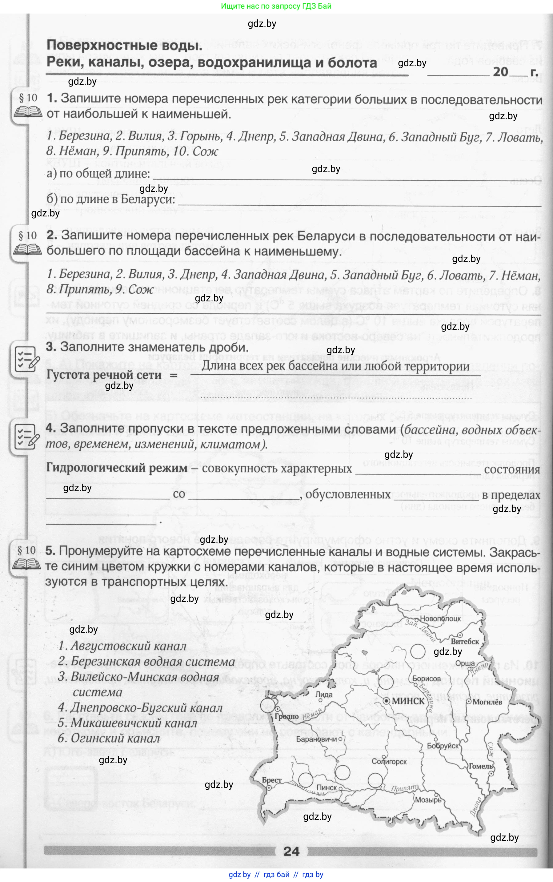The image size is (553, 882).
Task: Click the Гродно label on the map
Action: (x=287, y=717)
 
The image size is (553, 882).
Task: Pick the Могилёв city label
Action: (x=487, y=702)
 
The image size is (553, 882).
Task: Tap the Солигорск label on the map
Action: (x=389, y=761)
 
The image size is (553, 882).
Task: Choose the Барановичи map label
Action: (x=317, y=739)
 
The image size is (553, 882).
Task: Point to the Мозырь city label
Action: (x=428, y=800)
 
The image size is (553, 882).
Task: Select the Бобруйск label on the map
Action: (x=443, y=746)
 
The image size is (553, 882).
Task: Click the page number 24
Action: (x=291, y=851)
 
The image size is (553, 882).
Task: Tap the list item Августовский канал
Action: (x=122, y=646)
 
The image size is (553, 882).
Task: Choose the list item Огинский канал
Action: (x=109, y=738)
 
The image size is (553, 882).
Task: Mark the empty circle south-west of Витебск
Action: (x=418, y=651)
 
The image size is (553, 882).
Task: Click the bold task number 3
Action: (x=51, y=347)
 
